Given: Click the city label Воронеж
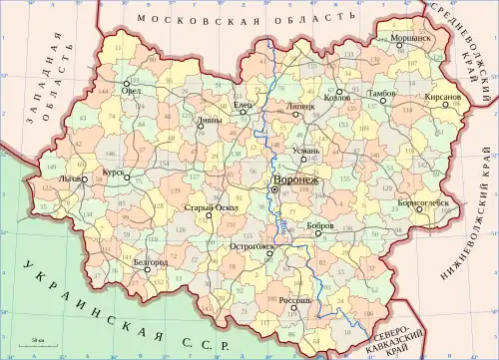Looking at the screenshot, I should coord(296,180).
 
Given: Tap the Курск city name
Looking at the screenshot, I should coord(112,172).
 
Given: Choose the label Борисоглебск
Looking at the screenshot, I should coord(424,201).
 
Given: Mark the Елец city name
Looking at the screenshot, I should coord(243,105).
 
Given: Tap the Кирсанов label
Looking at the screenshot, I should coord(441,97).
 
